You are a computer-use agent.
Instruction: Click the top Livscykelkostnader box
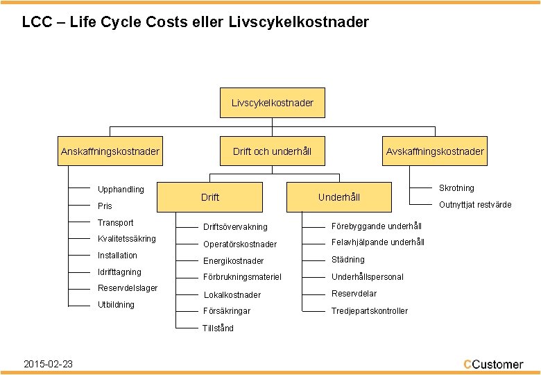click(x=272, y=103)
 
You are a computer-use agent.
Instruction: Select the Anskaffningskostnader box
click(x=110, y=151)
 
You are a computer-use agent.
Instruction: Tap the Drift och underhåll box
click(x=272, y=151)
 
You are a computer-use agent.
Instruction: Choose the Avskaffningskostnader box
click(x=435, y=151)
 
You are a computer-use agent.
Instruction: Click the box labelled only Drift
click(x=210, y=197)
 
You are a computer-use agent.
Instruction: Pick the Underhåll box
click(x=338, y=197)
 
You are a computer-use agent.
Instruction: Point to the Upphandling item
click(x=121, y=190)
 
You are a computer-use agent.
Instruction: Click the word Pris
click(x=105, y=206)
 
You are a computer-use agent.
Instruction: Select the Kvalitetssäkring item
click(x=126, y=239)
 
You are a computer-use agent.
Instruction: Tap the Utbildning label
click(x=116, y=305)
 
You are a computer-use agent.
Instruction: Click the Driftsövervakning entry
click(x=235, y=228)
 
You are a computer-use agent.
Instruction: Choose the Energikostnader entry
click(x=233, y=261)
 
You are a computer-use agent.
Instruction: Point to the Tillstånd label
click(x=218, y=328)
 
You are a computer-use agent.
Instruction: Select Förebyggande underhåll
click(x=377, y=226)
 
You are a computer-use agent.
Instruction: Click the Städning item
click(x=348, y=260)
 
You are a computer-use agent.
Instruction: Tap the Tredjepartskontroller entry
click(x=370, y=311)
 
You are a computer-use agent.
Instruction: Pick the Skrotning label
click(x=456, y=188)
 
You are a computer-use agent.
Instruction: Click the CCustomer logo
click(x=493, y=364)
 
